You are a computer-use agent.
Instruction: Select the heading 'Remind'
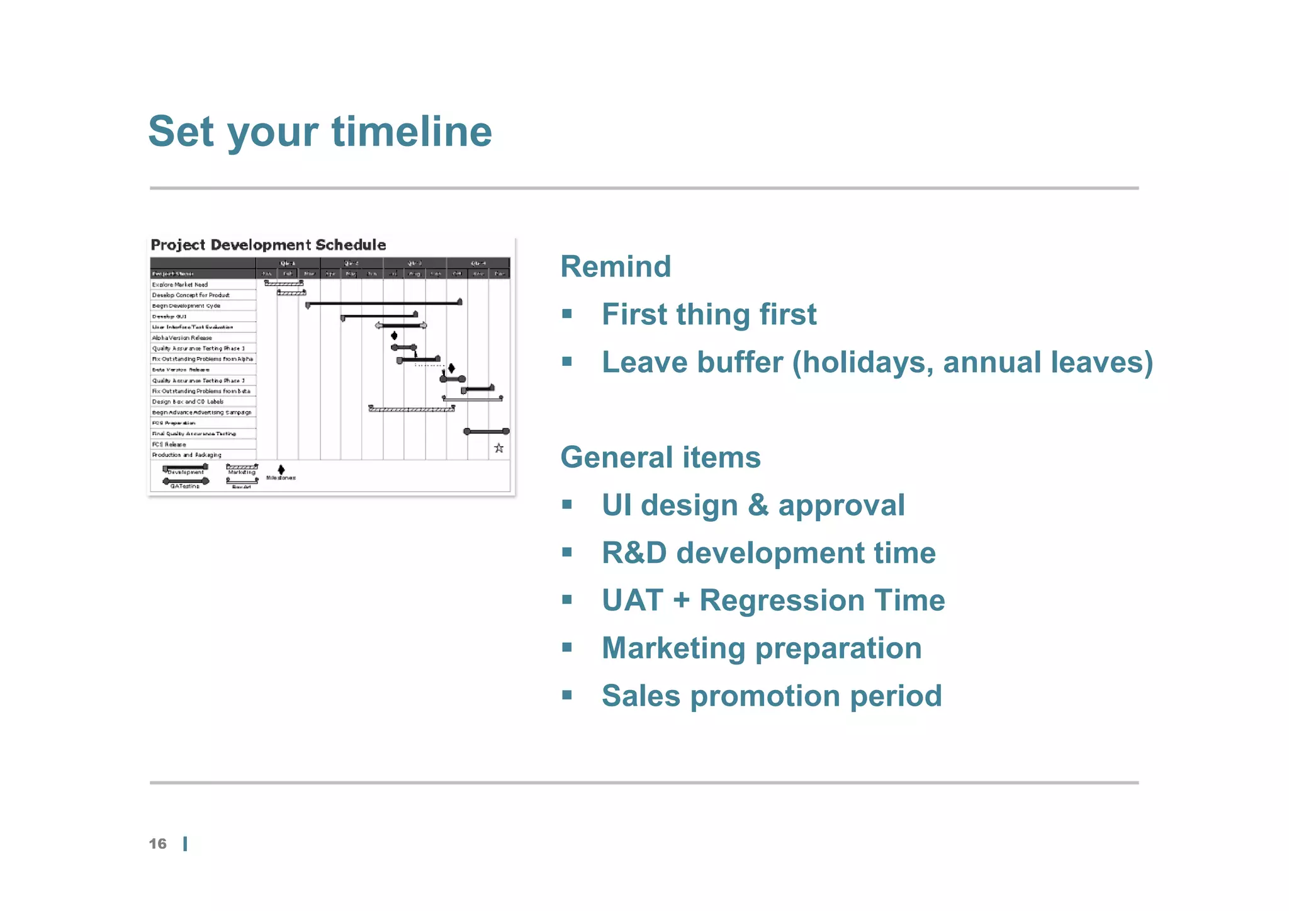pos(615,266)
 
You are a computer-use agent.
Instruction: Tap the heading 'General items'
pos(660,457)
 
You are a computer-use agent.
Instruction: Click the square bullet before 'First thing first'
pos(567,314)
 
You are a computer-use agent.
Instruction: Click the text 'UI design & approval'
pos(753,505)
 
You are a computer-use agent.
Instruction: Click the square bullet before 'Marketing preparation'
pos(567,647)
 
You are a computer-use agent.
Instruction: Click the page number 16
pos(157,844)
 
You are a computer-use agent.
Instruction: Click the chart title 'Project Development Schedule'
pos(268,245)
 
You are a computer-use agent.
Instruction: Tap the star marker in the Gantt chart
pos(498,448)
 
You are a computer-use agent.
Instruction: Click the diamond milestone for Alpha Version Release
pos(394,336)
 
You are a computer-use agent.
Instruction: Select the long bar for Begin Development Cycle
pos(384,303)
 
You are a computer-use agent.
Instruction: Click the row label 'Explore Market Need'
pos(179,285)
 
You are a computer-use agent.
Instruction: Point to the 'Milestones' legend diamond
pos(281,470)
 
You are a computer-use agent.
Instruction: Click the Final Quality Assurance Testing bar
pos(486,431)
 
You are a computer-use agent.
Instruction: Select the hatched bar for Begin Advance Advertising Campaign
pos(411,409)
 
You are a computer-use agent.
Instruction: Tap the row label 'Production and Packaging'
pos(186,455)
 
